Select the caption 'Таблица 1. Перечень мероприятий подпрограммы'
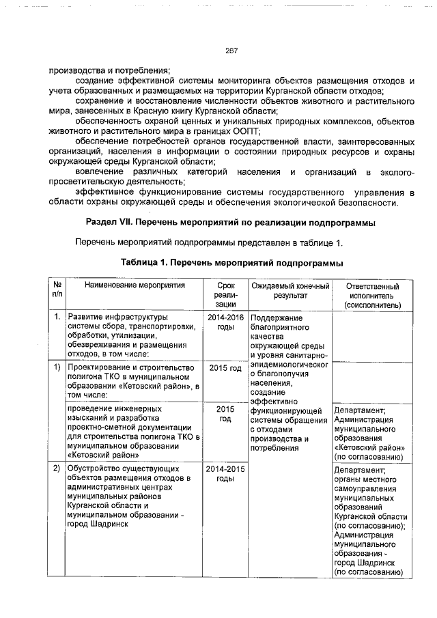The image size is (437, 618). [231, 262]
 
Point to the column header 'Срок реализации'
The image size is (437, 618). [225, 295]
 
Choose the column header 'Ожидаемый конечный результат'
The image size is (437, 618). [290, 291]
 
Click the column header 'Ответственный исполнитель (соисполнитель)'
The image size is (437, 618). [372, 295]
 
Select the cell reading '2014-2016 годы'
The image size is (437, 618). [225, 323]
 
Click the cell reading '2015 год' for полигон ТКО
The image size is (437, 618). [225, 369]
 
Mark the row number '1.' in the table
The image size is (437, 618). [57, 318]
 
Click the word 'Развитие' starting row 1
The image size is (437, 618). [85, 318]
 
